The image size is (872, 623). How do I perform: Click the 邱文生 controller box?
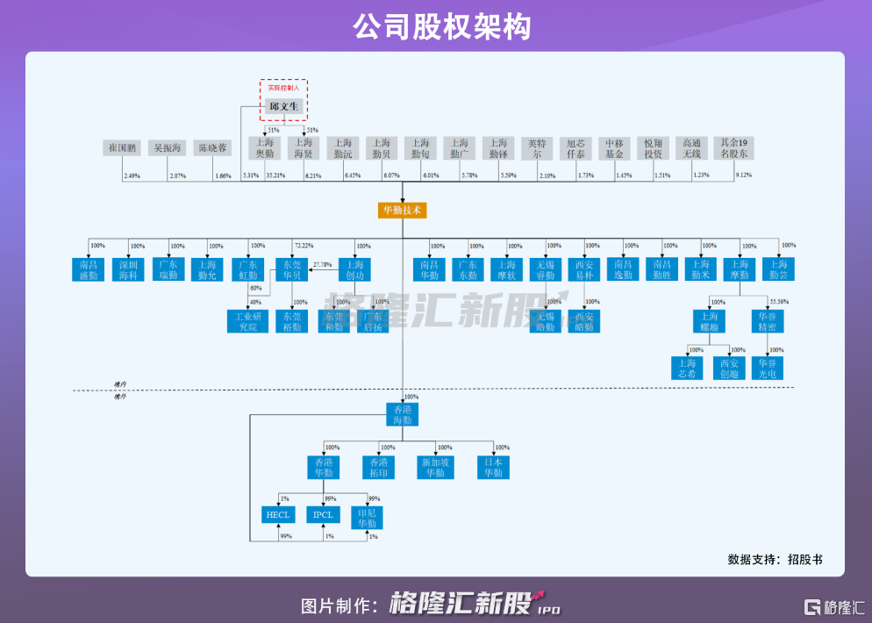point(284,107)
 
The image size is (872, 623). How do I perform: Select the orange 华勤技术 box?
point(403,211)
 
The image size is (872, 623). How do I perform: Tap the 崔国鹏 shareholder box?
point(119,148)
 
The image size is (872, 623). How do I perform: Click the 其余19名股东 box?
point(733,148)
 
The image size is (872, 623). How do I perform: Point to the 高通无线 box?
point(691,148)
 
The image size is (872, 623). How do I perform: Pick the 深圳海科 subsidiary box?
point(128,269)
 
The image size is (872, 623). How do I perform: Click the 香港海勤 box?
point(403,415)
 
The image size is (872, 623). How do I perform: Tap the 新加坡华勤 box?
point(436,467)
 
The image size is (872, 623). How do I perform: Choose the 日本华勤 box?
point(493,467)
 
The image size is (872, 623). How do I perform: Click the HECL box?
point(278,515)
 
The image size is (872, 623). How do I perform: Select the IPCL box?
point(323,515)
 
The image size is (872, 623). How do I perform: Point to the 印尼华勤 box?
point(367,518)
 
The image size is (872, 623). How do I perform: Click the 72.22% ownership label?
point(304,246)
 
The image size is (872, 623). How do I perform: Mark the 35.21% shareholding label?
point(275,176)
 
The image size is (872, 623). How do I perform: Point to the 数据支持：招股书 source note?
point(775,559)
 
